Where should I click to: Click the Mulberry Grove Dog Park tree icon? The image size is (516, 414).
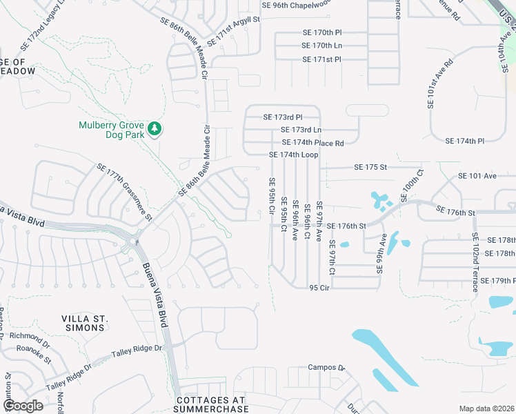[156, 129]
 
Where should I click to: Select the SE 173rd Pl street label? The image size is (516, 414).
[283, 117]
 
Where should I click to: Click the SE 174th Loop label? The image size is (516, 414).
[293, 155]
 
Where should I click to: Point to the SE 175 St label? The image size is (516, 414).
[370, 167]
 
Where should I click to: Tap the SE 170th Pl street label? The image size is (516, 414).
[322, 32]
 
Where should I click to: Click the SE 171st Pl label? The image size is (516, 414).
[322, 59]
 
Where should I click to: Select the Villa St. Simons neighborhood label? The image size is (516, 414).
[86, 323]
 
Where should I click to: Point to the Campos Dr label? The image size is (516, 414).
[326, 368]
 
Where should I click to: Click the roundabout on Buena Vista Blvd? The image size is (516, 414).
[132, 241]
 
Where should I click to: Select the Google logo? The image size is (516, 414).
[23, 405]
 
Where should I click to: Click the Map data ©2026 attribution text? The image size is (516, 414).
[486, 408]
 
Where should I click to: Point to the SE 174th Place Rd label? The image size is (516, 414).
[312, 143]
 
